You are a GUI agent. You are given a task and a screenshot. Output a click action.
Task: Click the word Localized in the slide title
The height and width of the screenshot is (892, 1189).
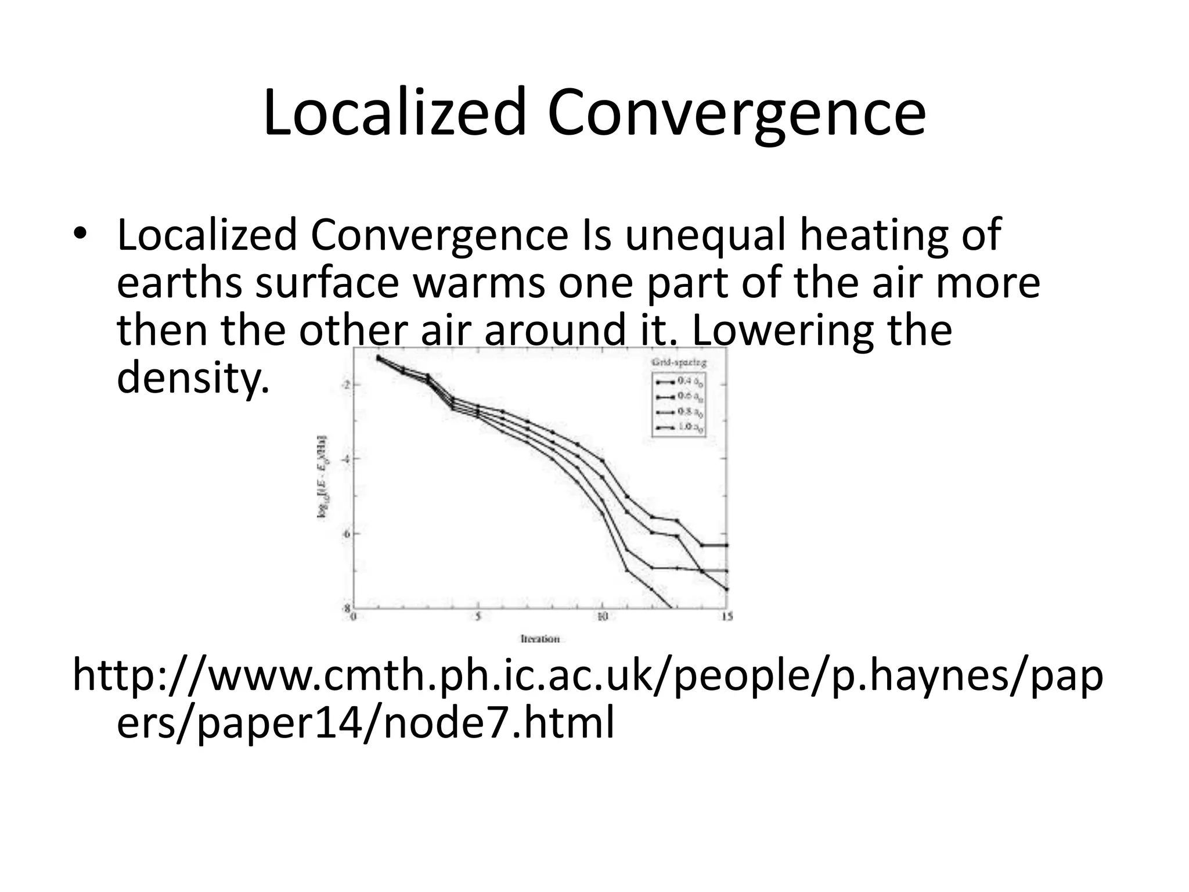pos(395,113)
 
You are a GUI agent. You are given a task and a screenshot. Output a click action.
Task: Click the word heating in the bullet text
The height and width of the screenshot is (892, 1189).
pos(874,235)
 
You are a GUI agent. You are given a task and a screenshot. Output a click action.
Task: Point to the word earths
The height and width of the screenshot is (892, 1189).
pos(180,283)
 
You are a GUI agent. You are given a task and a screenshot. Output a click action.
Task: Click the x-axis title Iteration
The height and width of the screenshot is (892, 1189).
pos(540,639)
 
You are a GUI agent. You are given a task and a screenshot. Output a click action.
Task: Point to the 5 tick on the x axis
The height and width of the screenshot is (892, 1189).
pos(478,617)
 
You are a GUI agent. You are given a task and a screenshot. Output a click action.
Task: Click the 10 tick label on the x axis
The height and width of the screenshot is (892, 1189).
pos(602,617)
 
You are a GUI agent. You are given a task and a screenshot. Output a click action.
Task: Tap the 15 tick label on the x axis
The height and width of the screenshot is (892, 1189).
pos(726,617)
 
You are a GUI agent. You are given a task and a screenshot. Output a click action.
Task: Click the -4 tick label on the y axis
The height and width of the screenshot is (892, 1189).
pos(346,459)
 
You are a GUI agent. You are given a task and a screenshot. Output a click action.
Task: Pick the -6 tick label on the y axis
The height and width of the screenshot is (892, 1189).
pos(346,534)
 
